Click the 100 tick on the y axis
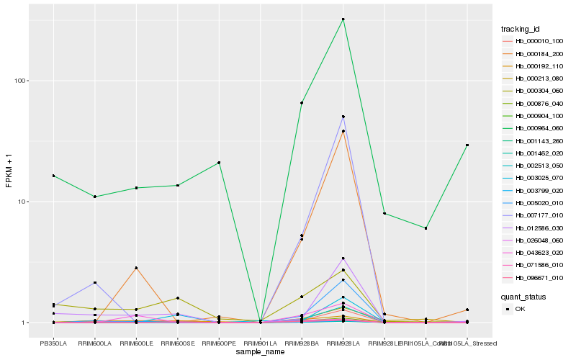19,81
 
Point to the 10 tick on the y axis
22,202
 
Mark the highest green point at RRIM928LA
343,19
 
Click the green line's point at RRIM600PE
219,163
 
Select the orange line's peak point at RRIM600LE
136,268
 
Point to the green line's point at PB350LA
53,176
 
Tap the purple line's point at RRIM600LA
94,283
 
